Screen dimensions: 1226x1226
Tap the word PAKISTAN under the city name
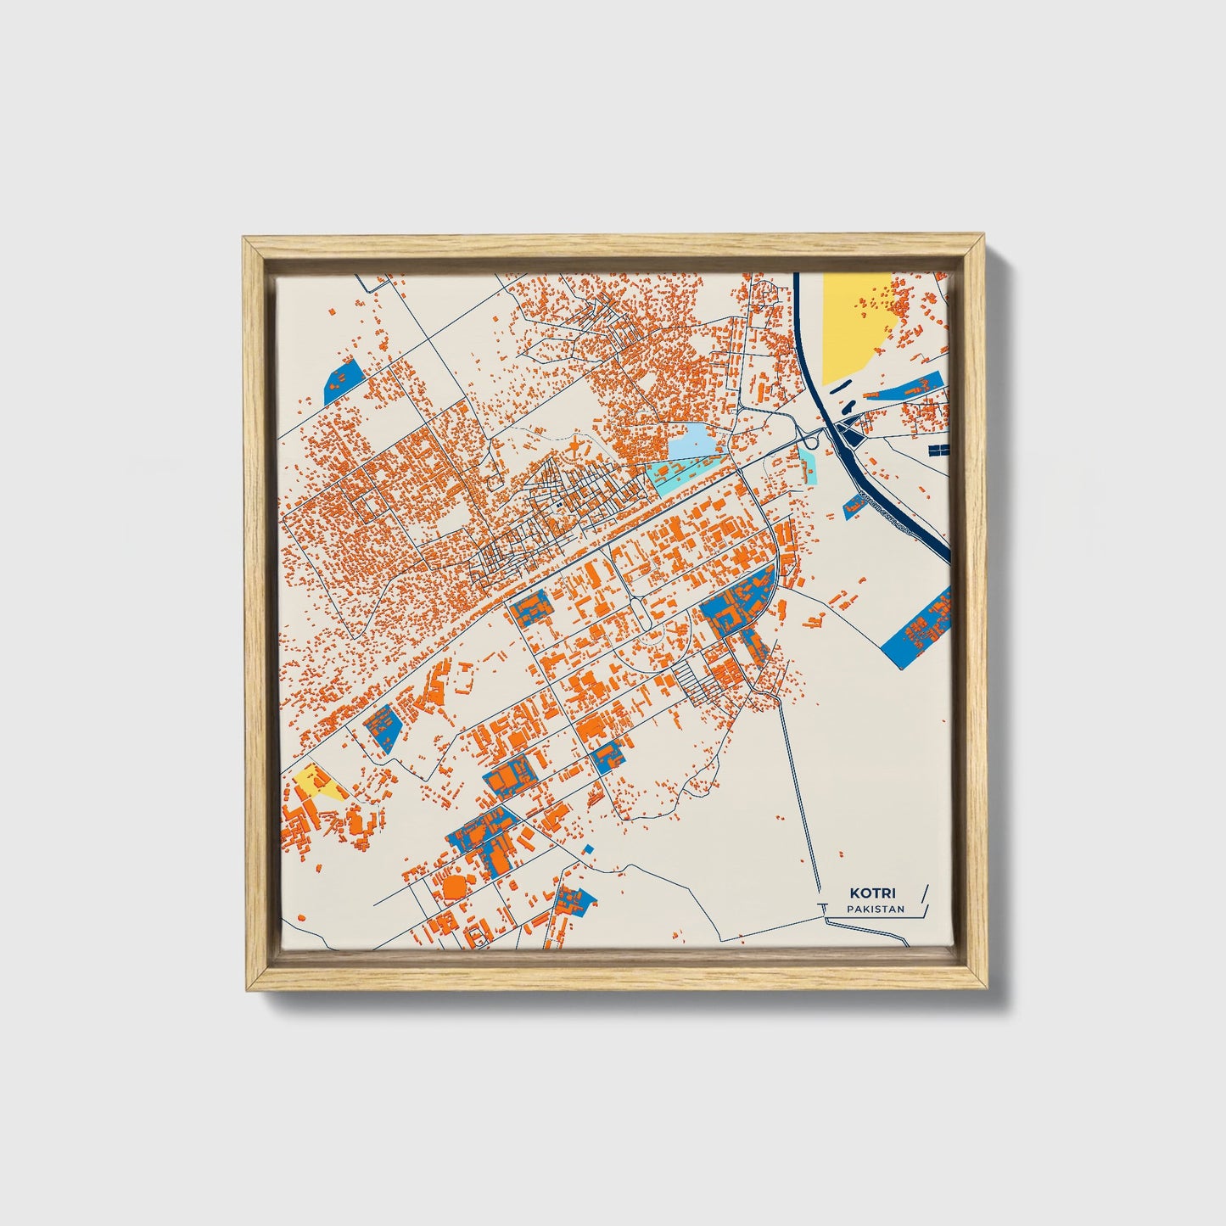(x=875, y=909)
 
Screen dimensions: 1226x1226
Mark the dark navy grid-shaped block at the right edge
(x=939, y=449)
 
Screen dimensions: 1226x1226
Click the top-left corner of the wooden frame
(x=248, y=241)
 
